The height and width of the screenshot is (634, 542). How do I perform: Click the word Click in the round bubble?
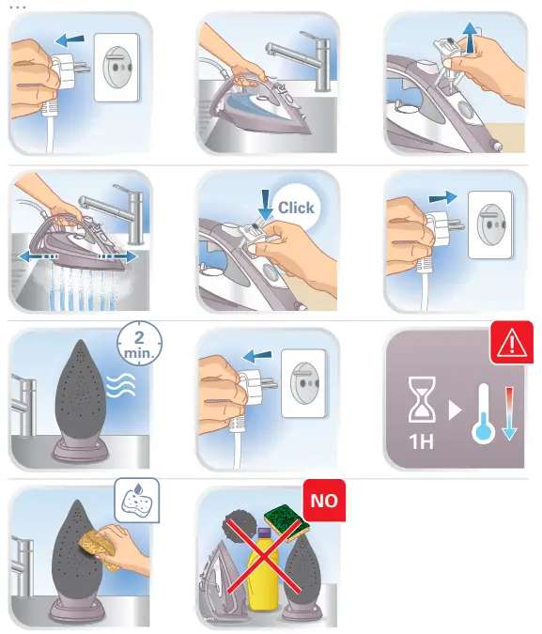pyautogui.click(x=297, y=208)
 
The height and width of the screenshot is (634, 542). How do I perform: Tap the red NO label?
pyautogui.click(x=323, y=501)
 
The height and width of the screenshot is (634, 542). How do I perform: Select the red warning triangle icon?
pyautogui.click(x=512, y=343)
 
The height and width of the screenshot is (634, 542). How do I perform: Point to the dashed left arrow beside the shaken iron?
pyautogui.click(x=31, y=255)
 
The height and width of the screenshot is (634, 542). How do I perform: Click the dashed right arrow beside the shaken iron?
pyautogui.click(x=120, y=255)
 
